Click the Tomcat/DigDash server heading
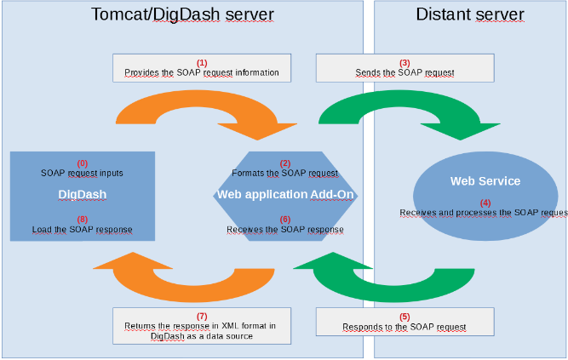[x=182, y=14]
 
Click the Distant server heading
[x=470, y=14]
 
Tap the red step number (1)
[x=202, y=63]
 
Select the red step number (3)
[x=404, y=63]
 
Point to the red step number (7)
[x=202, y=317]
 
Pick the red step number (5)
[x=404, y=317]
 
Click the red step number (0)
[x=83, y=163]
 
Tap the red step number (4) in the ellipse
[x=485, y=203]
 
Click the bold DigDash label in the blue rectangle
[x=82, y=195]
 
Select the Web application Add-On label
[x=285, y=195]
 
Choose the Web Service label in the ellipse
[x=485, y=181]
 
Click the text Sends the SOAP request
[x=404, y=73]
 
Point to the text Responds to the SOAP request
[x=404, y=327]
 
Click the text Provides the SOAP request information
[x=202, y=73]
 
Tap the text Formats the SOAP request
[x=285, y=173]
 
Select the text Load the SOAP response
[x=82, y=230]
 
